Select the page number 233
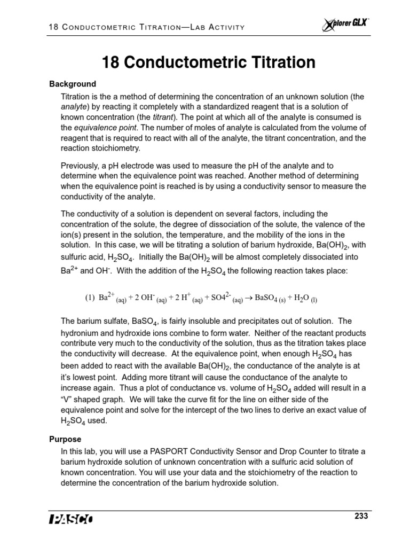pyautogui.click(x=361, y=516)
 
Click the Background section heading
pyautogui.click(x=73, y=84)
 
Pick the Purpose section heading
pyautogui.click(x=65, y=439)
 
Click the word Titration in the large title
pyautogui.click(x=276, y=62)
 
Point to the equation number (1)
pyautogui.click(x=90, y=298)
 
